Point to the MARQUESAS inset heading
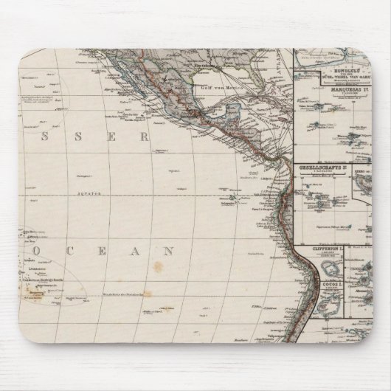336,93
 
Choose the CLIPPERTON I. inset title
319,249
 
